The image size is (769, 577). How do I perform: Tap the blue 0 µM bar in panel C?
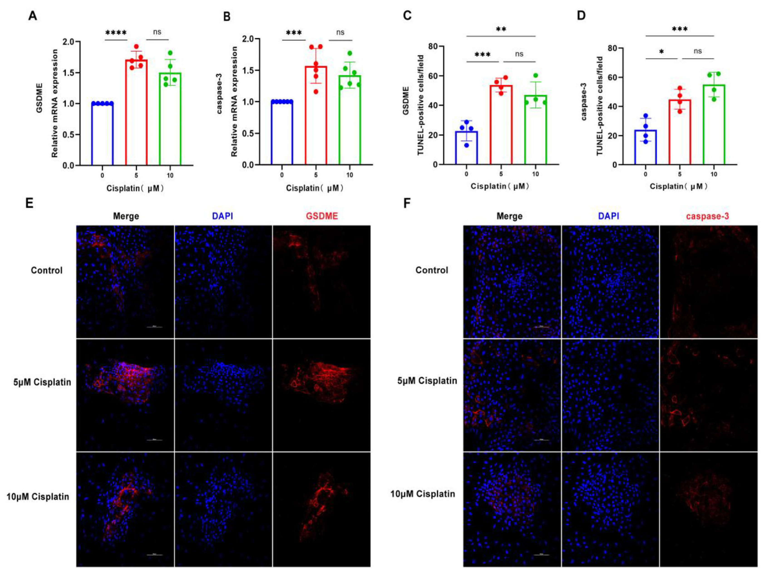coord(466,148)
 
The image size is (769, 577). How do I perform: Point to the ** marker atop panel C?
coord(501,29)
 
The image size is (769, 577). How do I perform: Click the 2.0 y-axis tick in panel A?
coord(69,42)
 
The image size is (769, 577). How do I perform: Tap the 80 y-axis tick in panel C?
coord(433,46)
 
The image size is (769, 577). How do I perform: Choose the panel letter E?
coord(30,203)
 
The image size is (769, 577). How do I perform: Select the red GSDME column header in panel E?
coord(322,216)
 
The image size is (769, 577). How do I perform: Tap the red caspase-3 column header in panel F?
coord(707,216)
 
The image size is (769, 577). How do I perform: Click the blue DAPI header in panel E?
coord(222,216)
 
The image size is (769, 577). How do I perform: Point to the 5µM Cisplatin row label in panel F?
coord(427,381)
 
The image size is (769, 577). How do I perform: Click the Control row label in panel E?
coord(47,270)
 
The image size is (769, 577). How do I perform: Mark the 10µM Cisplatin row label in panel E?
coord(38,496)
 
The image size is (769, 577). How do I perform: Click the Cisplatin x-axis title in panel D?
coord(678,186)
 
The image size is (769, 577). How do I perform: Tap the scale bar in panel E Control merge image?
coord(154,327)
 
